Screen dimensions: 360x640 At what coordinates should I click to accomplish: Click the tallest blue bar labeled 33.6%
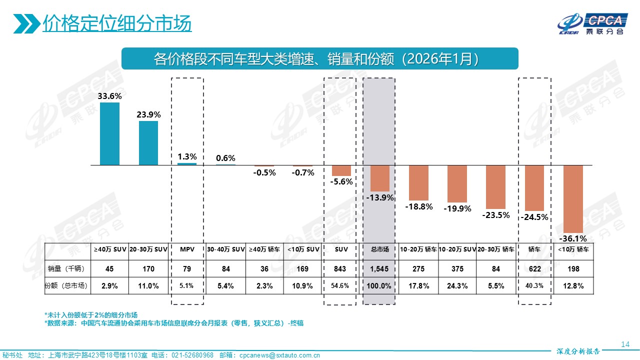(109, 133)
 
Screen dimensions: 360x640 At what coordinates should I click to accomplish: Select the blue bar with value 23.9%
(148, 143)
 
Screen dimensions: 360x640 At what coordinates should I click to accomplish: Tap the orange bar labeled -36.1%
(573, 198)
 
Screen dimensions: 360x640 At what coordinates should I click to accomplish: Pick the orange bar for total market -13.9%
(379, 178)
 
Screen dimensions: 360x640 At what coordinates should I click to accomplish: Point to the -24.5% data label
(534, 217)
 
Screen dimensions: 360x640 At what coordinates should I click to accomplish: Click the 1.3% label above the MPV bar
(187, 156)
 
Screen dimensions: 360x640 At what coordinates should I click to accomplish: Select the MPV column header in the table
(187, 249)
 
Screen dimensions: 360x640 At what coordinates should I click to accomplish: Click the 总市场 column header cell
(379, 249)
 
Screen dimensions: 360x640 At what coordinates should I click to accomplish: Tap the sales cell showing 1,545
(379, 269)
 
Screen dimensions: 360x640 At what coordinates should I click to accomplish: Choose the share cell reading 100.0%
(379, 286)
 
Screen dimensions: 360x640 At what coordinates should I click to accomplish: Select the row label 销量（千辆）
(66, 269)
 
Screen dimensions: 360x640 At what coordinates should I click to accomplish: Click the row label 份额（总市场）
(66, 286)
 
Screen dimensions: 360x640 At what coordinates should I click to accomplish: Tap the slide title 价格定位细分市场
(117, 23)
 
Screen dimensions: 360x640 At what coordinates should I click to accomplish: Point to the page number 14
(624, 344)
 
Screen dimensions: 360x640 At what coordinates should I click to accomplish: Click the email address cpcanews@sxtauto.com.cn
(279, 355)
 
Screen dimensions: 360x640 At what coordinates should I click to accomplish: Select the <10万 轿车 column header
(573, 249)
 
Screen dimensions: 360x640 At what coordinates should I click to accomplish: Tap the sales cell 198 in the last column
(573, 269)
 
